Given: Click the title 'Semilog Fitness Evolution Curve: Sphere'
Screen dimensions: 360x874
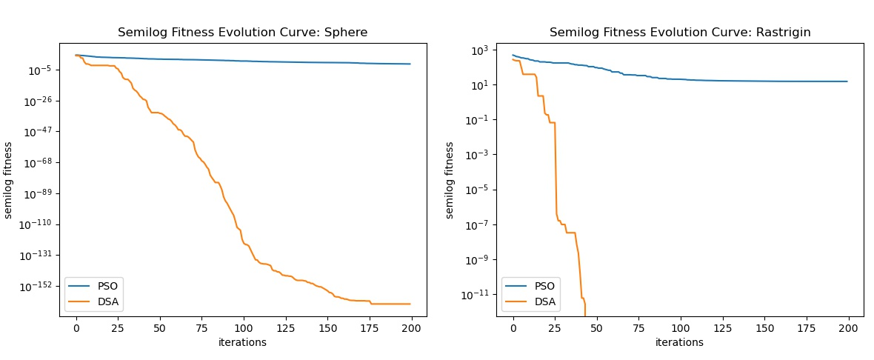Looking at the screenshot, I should tap(243, 33).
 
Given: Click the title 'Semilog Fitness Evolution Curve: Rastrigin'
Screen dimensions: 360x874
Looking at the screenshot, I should tap(680, 33).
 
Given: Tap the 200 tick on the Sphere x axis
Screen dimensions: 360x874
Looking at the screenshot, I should tap(411, 328).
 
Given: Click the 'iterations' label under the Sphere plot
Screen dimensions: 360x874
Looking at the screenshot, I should tap(242, 342).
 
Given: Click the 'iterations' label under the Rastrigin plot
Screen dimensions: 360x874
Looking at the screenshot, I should tap(679, 342).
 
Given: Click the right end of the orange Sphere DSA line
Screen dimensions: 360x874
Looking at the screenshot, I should tap(410, 304).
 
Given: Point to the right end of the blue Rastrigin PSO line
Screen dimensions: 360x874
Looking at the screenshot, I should tap(847, 81).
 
